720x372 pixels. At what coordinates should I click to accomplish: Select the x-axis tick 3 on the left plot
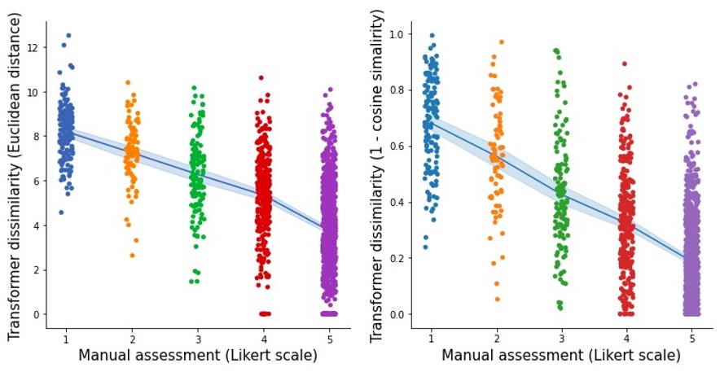(x=194, y=339)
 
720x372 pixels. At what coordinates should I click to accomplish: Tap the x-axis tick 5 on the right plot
(x=691, y=339)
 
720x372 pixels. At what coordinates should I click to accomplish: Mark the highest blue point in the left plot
(x=68, y=36)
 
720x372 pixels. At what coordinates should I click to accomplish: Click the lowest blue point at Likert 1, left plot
(x=61, y=212)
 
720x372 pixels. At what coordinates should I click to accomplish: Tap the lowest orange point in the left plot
(x=132, y=256)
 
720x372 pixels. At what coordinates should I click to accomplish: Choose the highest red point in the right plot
(x=625, y=63)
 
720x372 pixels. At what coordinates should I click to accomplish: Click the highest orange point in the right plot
(x=502, y=42)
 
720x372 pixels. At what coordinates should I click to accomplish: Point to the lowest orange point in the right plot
(x=497, y=299)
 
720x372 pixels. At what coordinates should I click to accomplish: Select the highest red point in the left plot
(x=261, y=78)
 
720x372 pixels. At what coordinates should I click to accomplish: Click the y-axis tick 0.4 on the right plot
(x=397, y=202)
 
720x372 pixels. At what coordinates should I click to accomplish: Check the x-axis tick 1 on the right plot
(x=430, y=339)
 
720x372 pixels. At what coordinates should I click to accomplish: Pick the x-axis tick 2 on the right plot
(x=496, y=339)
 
